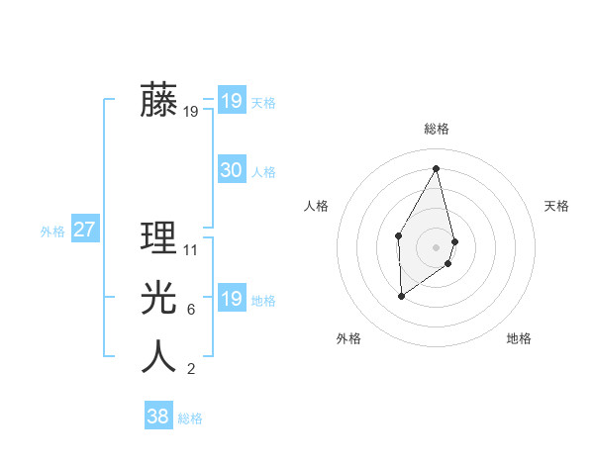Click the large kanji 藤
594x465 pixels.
tap(158, 101)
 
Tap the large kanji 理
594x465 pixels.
tap(158, 238)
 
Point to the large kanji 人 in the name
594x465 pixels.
tap(158, 357)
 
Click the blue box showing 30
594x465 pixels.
tap(231, 170)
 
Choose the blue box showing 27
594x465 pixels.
tap(84, 231)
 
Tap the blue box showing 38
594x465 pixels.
tap(157, 417)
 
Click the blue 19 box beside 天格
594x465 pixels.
tap(231, 101)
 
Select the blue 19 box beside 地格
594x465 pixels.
tap(231, 299)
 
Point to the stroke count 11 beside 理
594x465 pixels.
tap(191, 250)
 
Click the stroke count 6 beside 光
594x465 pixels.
tap(191, 310)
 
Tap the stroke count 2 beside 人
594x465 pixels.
tap(191, 370)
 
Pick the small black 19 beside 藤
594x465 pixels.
tap(191, 112)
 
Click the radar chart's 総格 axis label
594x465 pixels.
tap(436, 129)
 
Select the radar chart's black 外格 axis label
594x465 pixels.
tap(348, 338)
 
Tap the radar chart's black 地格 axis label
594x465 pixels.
tap(519, 338)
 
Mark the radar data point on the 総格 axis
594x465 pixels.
tap(436, 168)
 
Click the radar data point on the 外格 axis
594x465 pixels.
tap(401, 295)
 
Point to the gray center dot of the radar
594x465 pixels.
tap(436, 246)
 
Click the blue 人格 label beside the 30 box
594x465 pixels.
tap(263, 172)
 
